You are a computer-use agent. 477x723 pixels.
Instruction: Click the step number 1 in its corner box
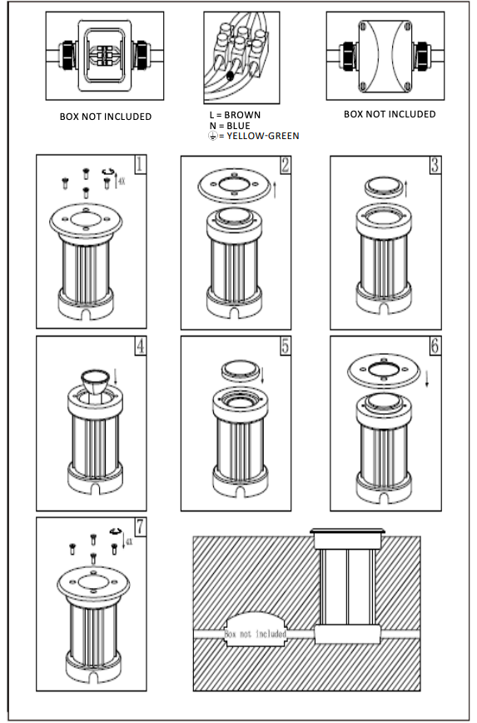(x=140, y=164)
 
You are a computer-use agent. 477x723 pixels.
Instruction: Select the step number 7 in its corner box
(x=140, y=526)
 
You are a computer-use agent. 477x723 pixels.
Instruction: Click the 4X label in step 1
(x=120, y=178)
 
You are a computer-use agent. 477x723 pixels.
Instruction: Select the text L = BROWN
(x=234, y=115)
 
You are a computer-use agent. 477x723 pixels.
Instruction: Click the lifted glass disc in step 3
(x=384, y=187)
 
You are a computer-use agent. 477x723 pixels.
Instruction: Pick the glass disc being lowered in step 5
(x=237, y=370)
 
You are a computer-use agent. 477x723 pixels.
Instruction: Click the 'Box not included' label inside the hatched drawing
(x=256, y=634)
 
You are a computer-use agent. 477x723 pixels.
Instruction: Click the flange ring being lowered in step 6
(x=384, y=369)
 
